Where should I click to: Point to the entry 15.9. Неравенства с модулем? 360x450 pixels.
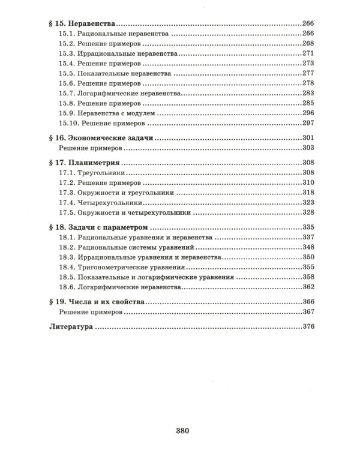[106, 113]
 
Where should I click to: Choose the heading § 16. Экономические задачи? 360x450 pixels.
[99, 139]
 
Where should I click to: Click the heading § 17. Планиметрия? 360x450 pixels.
[84, 163]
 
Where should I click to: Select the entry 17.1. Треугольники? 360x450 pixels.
[87, 173]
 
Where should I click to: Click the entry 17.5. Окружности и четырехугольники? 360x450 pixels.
[125, 212]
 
